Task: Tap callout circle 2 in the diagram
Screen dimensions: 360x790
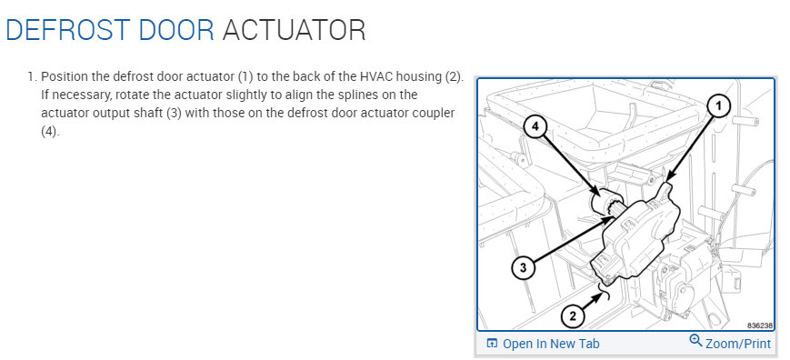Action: pos(572,316)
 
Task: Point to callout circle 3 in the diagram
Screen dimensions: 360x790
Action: pos(521,267)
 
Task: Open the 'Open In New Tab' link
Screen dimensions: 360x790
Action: pos(551,344)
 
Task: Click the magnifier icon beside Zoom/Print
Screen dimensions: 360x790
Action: pos(696,342)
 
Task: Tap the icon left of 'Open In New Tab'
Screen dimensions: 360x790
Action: pos(492,344)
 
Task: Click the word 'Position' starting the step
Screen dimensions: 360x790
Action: pos(66,77)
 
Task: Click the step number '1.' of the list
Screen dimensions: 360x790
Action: pos(31,77)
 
